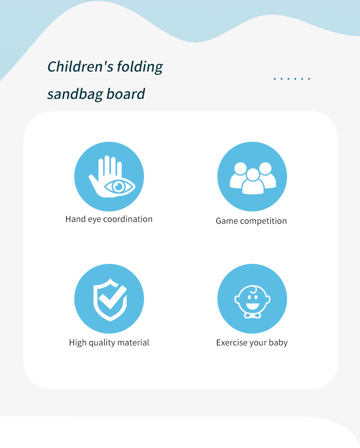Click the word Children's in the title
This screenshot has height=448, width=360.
pyautogui.click(x=80, y=67)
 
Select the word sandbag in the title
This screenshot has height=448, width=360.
pyautogui.click(x=75, y=94)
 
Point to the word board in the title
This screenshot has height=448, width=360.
pyautogui.click(x=126, y=94)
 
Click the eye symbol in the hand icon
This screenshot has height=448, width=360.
pyautogui.click(x=119, y=187)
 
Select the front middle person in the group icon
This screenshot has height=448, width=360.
pyautogui.click(x=253, y=182)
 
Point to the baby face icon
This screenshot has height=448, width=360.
pyautogui.click(x=252, y=301)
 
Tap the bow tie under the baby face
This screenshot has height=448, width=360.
pyautogui.click(x=252, y=315)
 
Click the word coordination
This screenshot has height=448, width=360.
pyautogui.click(x=128, y=219)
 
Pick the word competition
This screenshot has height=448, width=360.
pyautogui.click(x=263, y=221)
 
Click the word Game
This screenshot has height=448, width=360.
pyautogui.click(x=227, y=221)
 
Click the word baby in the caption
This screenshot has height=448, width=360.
pyautogui.click(x=278, y=343)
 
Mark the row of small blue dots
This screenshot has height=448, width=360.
pyautogui.click(x=292, y=78)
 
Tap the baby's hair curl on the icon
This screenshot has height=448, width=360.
pyautogui.click(x=253, y=290)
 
